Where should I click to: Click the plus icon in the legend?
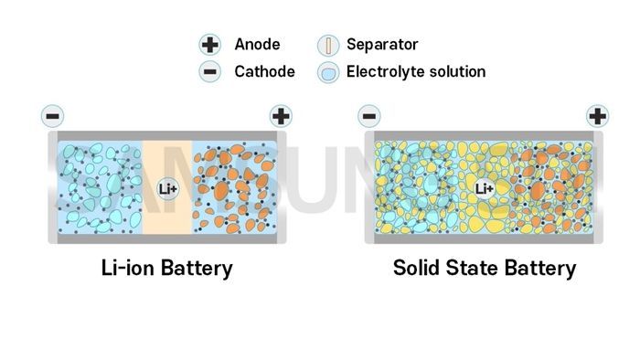[210, 45]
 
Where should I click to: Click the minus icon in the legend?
[210, 71]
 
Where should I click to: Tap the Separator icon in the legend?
[328, 45]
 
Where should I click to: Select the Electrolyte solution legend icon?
[328, 72]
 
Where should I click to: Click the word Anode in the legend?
[257, 44]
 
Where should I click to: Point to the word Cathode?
[264, 71]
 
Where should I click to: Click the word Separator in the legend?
[382, 44]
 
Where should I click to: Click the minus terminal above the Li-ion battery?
[53, 116]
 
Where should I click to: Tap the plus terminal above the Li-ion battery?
[281, 116]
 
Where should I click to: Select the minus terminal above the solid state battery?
[369, 116]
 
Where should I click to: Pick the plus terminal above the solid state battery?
[597, 116]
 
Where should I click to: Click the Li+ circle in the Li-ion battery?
[168, 189]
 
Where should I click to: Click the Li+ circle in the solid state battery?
[485, 189]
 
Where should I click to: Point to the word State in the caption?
[476, 269]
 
